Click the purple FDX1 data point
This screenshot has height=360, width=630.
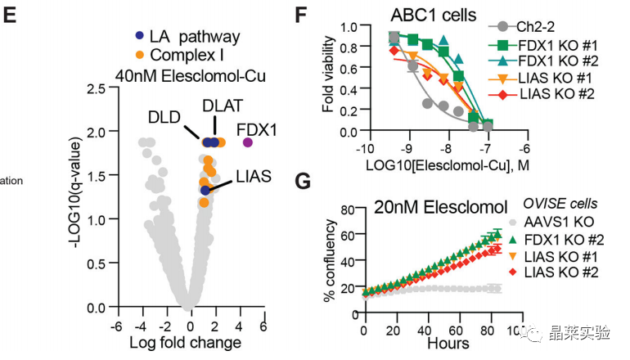coord(247,142)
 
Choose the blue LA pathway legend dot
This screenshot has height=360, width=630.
coord(140,36)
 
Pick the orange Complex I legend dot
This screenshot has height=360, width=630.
coord(140,55)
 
